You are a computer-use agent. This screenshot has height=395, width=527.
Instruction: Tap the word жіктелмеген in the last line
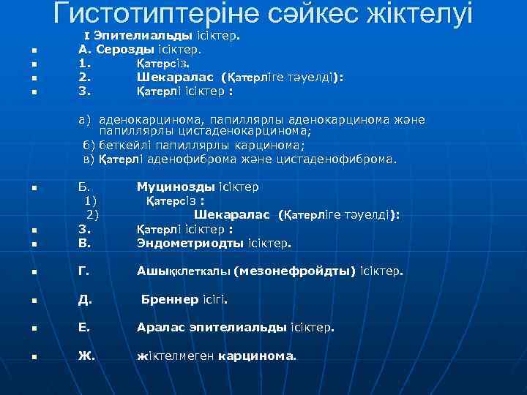(176, 357)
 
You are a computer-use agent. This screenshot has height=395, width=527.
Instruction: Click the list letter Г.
(83, 271)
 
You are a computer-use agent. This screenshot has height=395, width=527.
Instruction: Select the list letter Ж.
(86, 357)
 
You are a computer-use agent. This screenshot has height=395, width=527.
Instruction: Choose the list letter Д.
(84, 300)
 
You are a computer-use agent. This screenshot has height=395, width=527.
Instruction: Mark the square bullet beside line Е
(34, 329)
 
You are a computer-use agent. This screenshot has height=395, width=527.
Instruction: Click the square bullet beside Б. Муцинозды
(34, 189)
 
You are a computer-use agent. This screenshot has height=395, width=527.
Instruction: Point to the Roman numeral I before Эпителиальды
(87, 36)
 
